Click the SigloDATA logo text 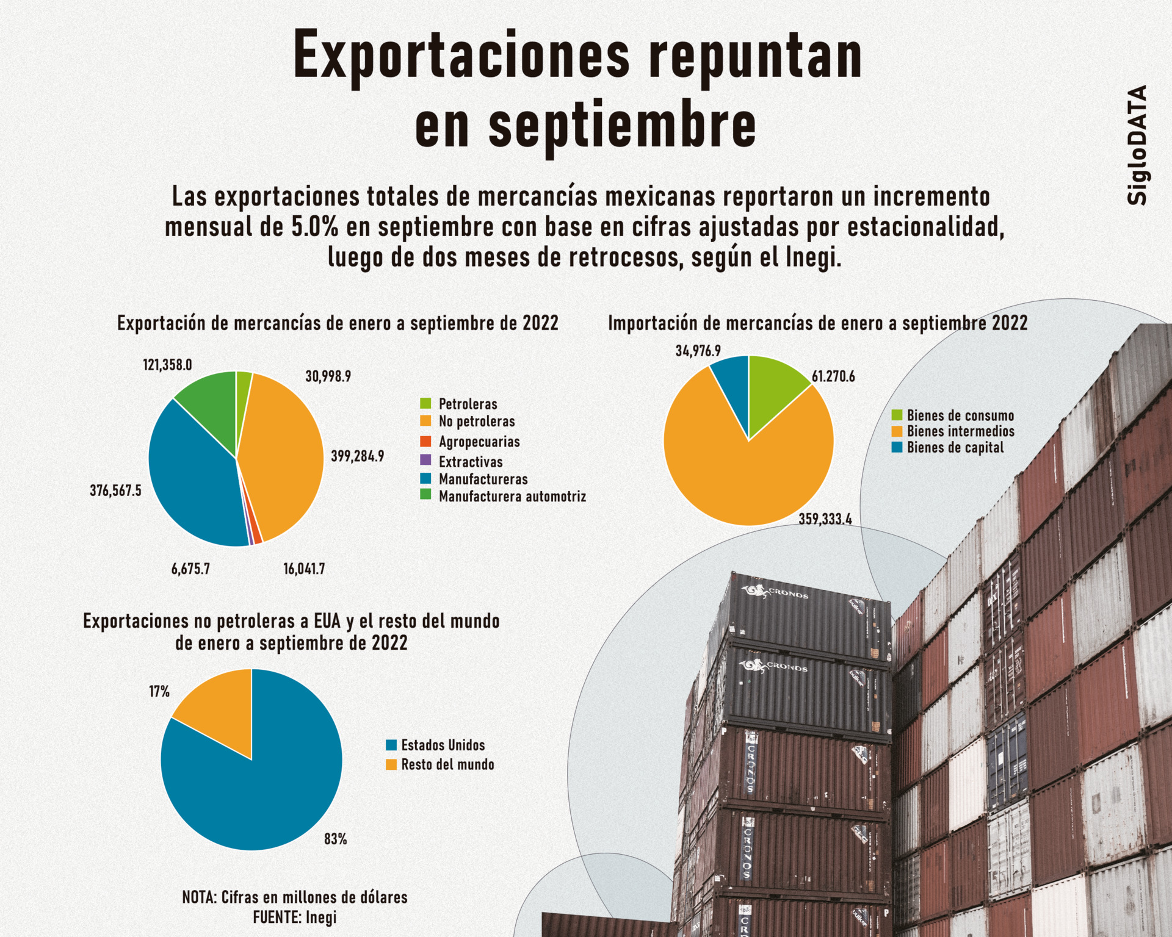pyautogui.click(x=1137, y=145)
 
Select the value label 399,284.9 pyautogui.click(x=357, y=456)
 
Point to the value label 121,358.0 pyautogui.click(x=167, y=365)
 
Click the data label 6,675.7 pyautogui.click(x=190, y=569)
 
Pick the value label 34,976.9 pyautogui.click(x=698, y=351)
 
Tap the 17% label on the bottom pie pyautogui.click(x=159, y=691)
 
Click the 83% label pyautogui.click(x=335, y=839)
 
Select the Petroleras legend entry pyautogui.click(x=467, y=404)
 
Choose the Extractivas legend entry pyautogui.click(x=470, y=462)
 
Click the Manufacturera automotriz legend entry pyautogui.click(x=512, y=497)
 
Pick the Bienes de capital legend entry pyautogui.click(x=954, y=448)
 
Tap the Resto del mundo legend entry pyautogui.click(x=447, y=765)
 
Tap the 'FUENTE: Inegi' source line pyautogui.click(x=294, y=917)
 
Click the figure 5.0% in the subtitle pyautogui.click(x=314, y=227)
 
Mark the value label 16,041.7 pyautogui.click(x=304, y=569)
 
